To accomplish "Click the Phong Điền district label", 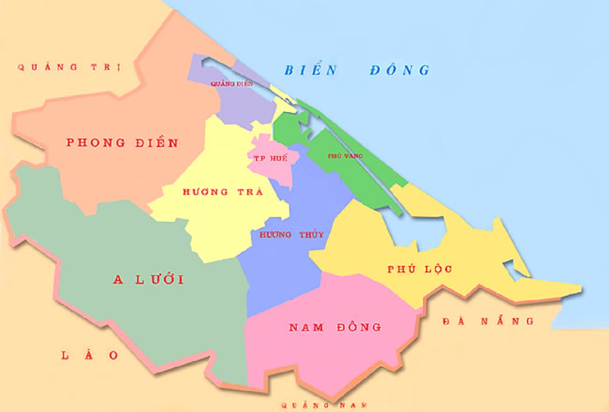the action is [122, 143].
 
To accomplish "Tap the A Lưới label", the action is [148, 280].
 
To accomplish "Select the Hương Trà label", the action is [222, 192].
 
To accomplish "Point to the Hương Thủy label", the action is [291, 235].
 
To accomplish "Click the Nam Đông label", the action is [335, 327].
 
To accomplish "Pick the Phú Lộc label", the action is [419, 269].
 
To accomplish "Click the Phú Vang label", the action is [346, 156].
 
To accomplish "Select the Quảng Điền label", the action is [231, 84].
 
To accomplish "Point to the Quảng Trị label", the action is [69, 67].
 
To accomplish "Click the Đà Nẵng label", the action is [488, 321].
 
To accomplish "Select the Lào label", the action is [90, 355].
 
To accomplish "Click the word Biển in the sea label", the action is [310, 70].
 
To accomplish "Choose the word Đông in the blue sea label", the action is [399, 70].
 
